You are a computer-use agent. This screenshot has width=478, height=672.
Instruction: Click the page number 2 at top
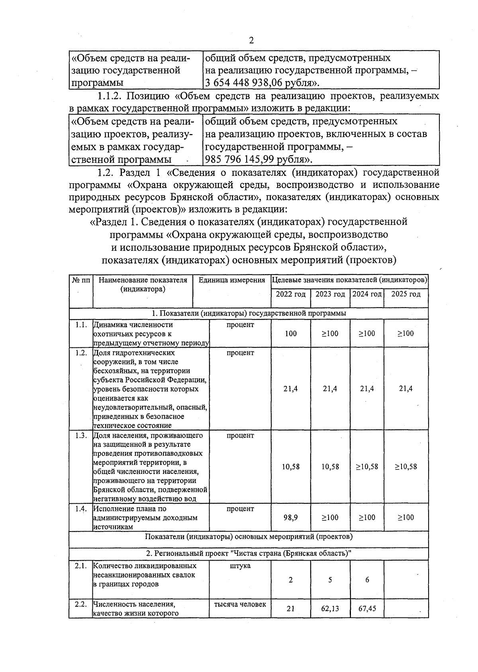[x=251, y=40]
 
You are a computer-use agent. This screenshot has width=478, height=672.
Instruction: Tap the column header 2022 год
[x=291, y=294]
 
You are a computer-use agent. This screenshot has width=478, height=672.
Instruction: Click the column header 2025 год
[x=406, y=294]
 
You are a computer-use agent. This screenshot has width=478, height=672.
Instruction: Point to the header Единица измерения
[x=232, y=280]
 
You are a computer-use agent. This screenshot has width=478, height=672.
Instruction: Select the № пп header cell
[x=81, y=280]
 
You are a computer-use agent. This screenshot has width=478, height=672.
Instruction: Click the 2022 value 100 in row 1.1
[x=291, y=333]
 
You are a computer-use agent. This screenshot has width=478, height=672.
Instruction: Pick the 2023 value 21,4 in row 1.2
[x=330, y=389]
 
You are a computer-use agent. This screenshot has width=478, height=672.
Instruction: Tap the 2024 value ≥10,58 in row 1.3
[x=367, y=466]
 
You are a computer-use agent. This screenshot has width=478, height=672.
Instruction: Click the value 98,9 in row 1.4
[x=291, y=517]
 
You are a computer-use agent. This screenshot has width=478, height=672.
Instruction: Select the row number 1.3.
[x=81, y=435]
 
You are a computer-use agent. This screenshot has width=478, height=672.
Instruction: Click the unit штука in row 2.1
[x=240, y=566]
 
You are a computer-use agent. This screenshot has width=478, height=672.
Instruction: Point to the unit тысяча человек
[x=240, y=604]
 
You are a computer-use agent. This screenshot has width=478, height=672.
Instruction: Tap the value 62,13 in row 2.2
[x=330, y=608]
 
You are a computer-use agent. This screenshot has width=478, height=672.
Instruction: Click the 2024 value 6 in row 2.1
[x=367, y=580]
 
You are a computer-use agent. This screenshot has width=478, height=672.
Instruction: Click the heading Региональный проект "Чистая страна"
[x=249, y=553]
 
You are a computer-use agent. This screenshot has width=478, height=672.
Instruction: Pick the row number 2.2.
[x=81, y=604]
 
